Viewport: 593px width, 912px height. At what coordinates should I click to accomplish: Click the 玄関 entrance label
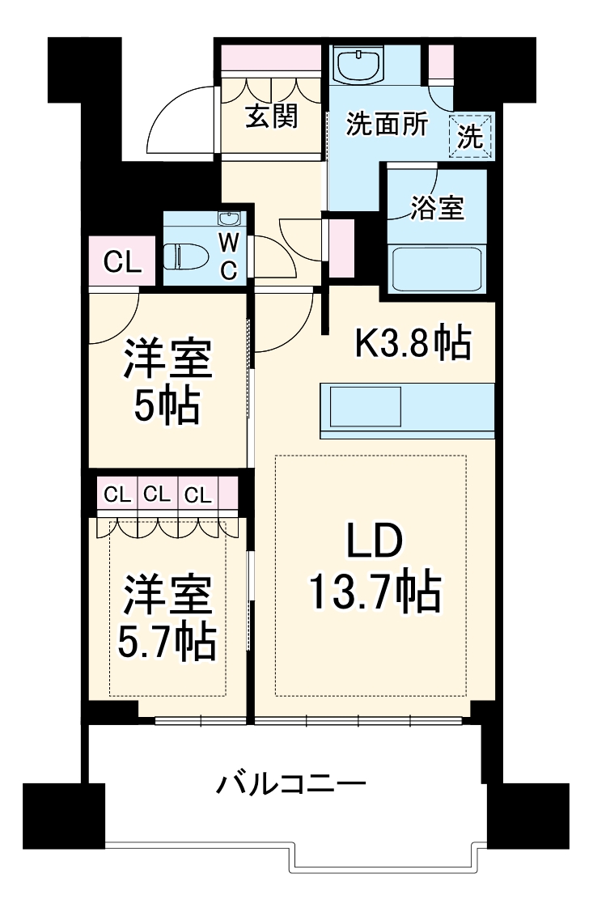coord(271,117)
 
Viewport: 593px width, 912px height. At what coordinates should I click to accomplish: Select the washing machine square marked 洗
coord(471,136)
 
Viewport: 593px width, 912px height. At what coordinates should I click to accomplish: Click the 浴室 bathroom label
coord(437,208)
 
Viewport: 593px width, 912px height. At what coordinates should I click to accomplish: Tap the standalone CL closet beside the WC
coord(122,261)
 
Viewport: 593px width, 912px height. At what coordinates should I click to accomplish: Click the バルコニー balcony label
coord(291,783)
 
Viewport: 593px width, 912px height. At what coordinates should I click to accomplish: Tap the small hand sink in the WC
coord(229,219)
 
